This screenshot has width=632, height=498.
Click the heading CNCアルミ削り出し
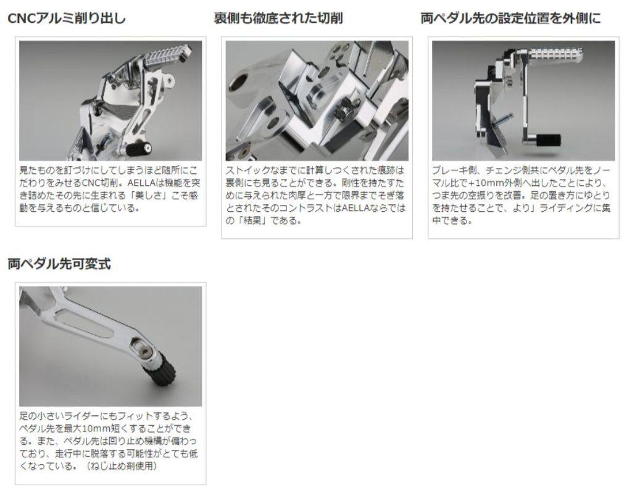click(67, 18)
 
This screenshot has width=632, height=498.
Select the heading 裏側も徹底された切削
click(278, 18)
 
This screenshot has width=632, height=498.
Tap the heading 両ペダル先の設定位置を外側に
click(510, 18)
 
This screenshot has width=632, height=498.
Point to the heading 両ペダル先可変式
click(59, 264)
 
